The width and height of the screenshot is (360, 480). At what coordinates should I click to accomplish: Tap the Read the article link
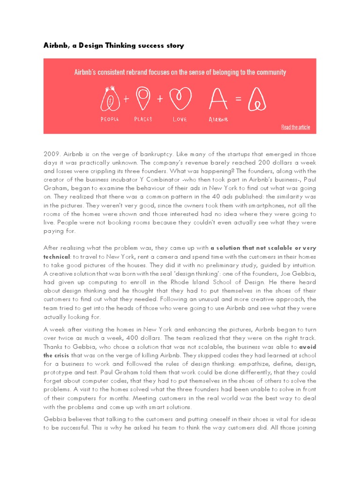[x=295, y=127]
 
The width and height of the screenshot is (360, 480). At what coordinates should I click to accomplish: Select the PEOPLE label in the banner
[x=110, y=119]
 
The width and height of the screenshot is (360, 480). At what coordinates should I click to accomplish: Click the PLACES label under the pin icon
[x=143, y=119]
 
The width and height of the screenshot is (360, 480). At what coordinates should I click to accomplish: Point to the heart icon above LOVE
[x=179, y=98]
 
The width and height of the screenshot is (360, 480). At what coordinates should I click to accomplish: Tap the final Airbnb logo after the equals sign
[x=257, y=98]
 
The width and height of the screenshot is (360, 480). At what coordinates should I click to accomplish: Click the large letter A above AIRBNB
[x=217, y=98]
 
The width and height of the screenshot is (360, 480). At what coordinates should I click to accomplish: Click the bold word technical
[x=57, y=257]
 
